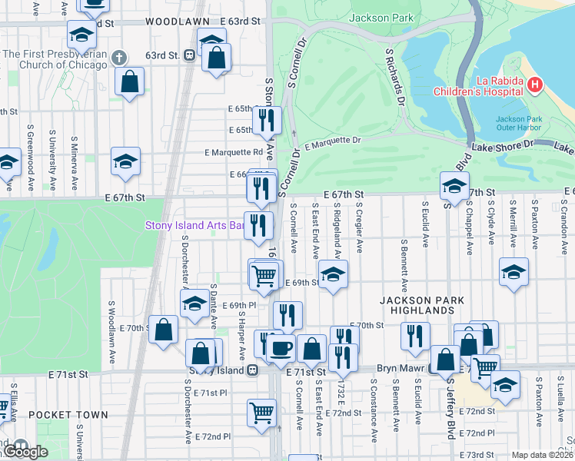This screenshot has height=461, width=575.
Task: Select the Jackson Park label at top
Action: pos(381,18)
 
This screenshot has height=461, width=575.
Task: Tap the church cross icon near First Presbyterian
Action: pos(119,57)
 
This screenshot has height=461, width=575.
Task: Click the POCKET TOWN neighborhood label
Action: pos(68,415)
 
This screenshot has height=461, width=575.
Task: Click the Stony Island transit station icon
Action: pos(252,370)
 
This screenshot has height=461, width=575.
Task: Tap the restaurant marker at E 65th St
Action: pos(268,119)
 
